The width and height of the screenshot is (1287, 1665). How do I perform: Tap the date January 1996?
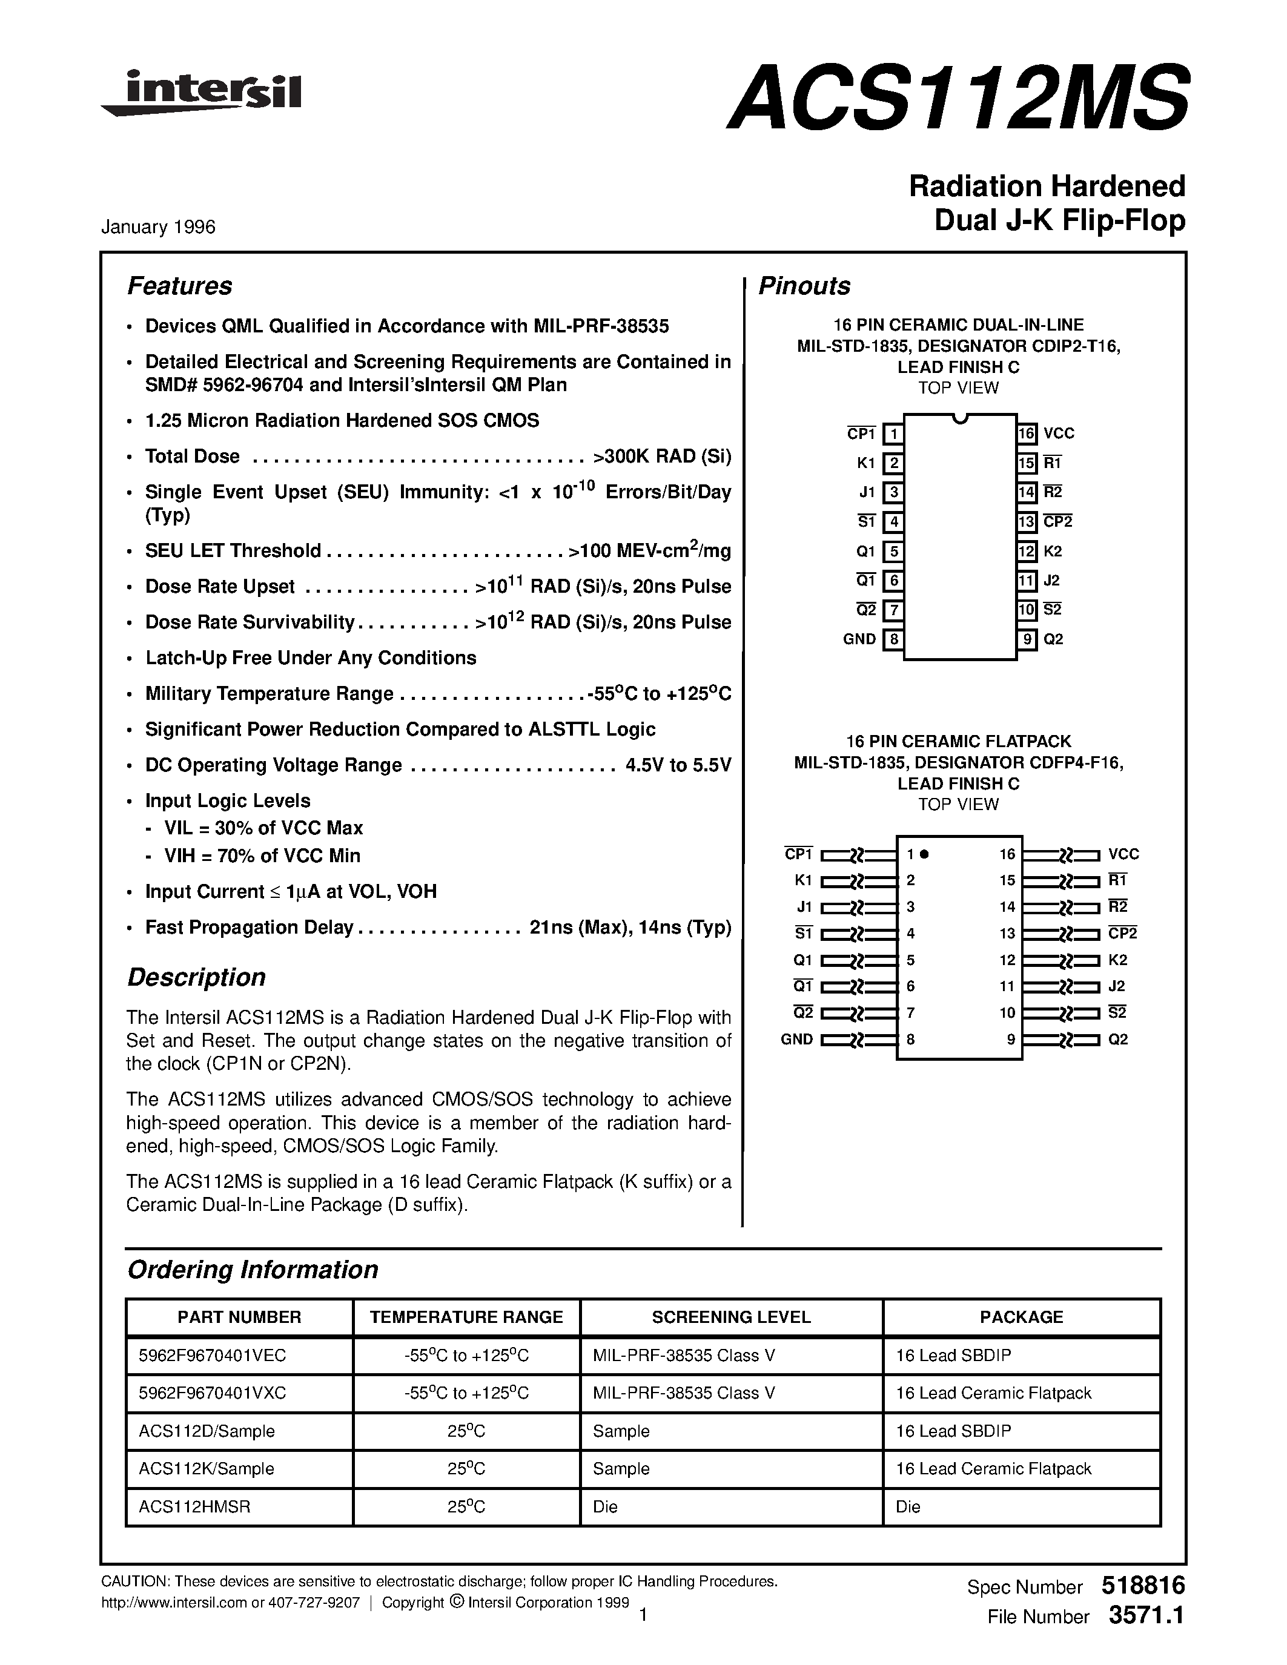point(158,227)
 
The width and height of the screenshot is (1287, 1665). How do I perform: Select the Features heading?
point(179,286)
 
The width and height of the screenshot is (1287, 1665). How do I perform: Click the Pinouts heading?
point(804,286)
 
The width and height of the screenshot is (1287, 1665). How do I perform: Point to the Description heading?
point(196,977)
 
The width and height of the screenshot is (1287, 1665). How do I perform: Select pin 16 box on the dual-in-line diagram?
point(1026,434)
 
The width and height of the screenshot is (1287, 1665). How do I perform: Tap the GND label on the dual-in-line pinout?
point(859,639)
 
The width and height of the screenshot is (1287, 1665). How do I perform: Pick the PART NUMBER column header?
point(239,1317)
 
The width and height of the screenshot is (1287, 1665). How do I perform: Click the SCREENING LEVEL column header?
point(730,1317)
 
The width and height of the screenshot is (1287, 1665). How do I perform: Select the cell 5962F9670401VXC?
point(212,1393)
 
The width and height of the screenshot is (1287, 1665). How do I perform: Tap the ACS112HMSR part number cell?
point(194,1506)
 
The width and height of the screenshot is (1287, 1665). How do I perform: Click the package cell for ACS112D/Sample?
point(953,1431)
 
